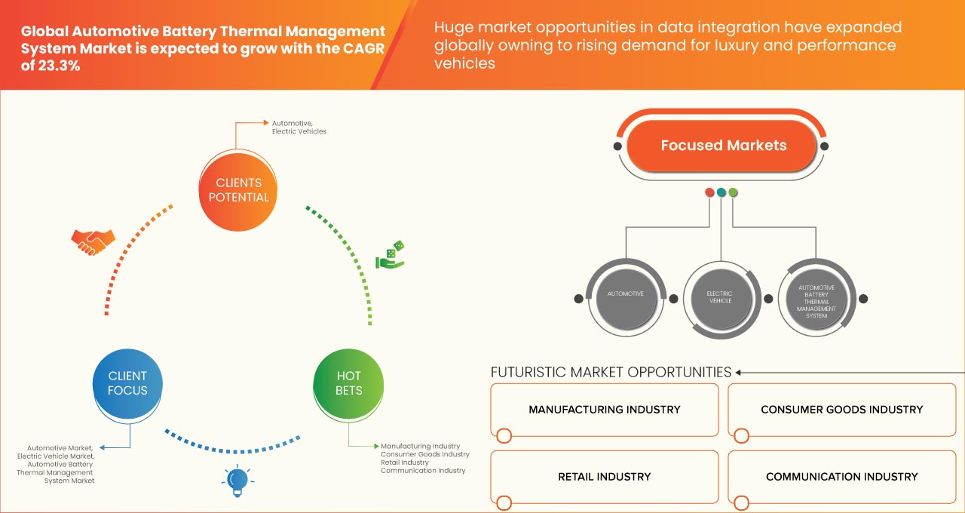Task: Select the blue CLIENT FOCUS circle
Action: click(128, 383)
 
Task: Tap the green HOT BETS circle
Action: click(348, 383)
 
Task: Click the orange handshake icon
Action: click(93, 241)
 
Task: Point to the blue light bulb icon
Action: click(237, 480)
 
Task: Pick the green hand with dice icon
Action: click(391, 255)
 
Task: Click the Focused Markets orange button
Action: click(723, 146)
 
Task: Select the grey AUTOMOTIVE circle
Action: click(625, 294)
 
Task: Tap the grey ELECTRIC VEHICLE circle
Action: click(719, 297)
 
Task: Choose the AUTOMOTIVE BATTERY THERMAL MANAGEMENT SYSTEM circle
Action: click(816, 298)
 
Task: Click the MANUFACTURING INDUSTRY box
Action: click(604, 410)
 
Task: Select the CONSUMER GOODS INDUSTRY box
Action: click(841, 410)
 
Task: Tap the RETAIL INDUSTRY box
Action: click(604, 477)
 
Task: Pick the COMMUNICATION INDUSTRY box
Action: click(841, 477)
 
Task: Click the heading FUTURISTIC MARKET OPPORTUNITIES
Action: click(611, 372)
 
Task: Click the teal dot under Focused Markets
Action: click(721, 193)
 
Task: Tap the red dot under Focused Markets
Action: click(709, 193)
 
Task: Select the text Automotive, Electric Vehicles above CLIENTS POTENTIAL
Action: click(299, 127)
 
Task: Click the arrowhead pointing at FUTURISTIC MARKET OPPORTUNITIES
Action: click(739, 372)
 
